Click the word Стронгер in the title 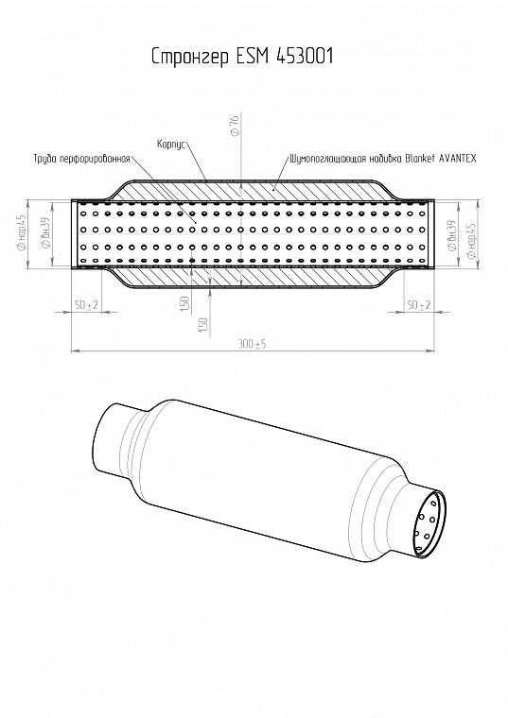pyautogui.click(x=190, y=57)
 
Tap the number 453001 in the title pyautogui.click(x=305, y=56)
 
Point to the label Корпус pyautogui.click(x=171, y=145)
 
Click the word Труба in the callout pyautogui.click(x=44, y=159)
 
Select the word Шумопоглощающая pyautogui.click(x=328, y=159)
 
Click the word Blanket pyautogui.click(x=420, y=159)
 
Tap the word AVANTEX pyautogui.click(x=458, y=159)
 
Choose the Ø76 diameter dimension pyautogui.click(x=235, y=126)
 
